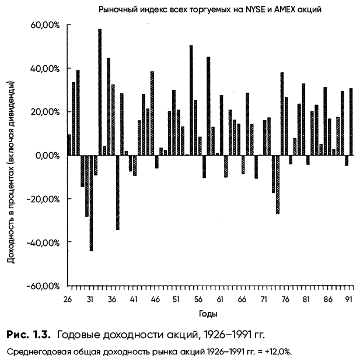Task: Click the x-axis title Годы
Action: click(208, 314)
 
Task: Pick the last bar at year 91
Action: click(351, 122)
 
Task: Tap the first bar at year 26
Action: click(69, 145)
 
